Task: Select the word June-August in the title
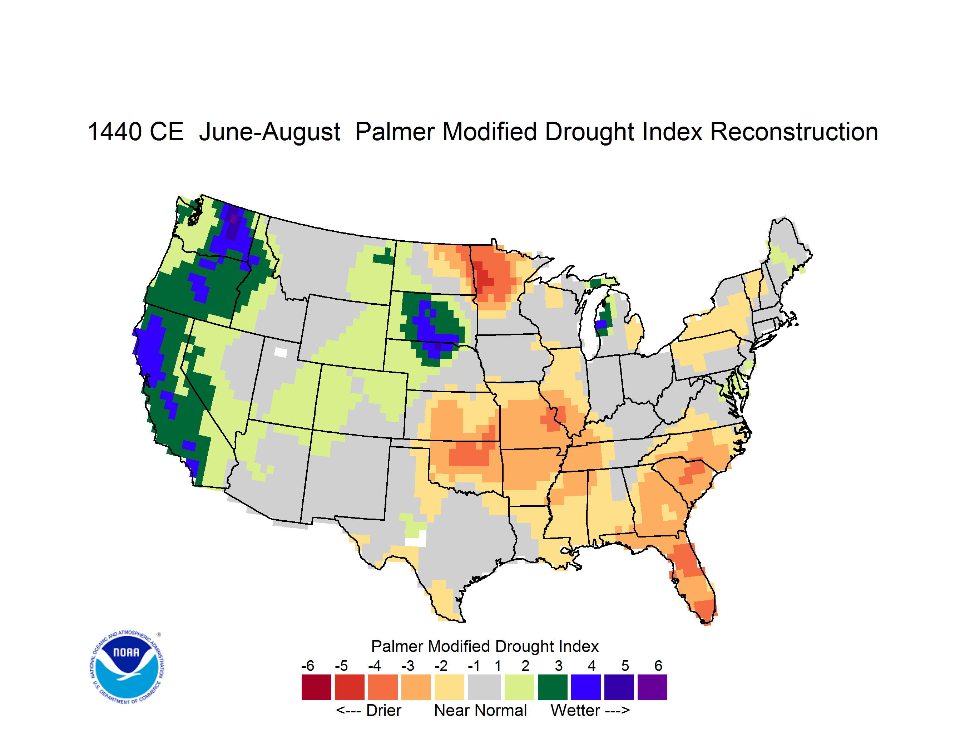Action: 269,133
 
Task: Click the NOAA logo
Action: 127,667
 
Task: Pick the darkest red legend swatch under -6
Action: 316,687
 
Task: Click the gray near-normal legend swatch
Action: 484,687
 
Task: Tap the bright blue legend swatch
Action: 586,687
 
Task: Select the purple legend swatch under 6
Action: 652,687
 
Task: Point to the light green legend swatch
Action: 519,687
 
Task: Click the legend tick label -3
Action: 407,666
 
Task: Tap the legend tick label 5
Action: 625,666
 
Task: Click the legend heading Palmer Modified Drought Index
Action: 485,647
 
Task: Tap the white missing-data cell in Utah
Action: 281,352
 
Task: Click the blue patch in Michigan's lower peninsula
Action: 600,324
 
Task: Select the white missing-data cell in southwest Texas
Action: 416,539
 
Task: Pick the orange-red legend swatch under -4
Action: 383,687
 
